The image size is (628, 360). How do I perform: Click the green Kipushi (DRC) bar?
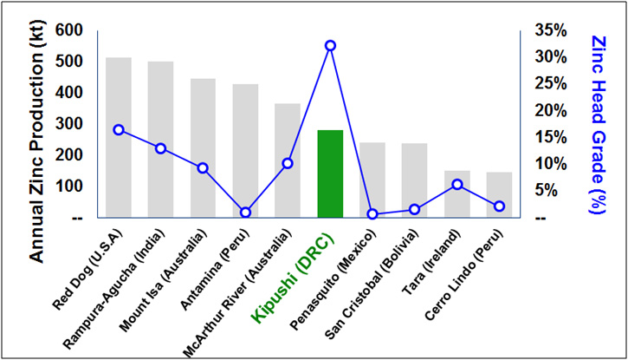[x=330, y=173]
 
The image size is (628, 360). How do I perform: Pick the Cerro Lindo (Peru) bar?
[x=499, y=194]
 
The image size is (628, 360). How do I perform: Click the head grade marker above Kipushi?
[x=330, y=45]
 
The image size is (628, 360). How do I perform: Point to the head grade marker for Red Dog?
[x=119, y=130]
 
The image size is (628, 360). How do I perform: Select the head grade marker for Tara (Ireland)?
[x=457, y=184]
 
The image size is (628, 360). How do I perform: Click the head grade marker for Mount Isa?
[x=203, y=167]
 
